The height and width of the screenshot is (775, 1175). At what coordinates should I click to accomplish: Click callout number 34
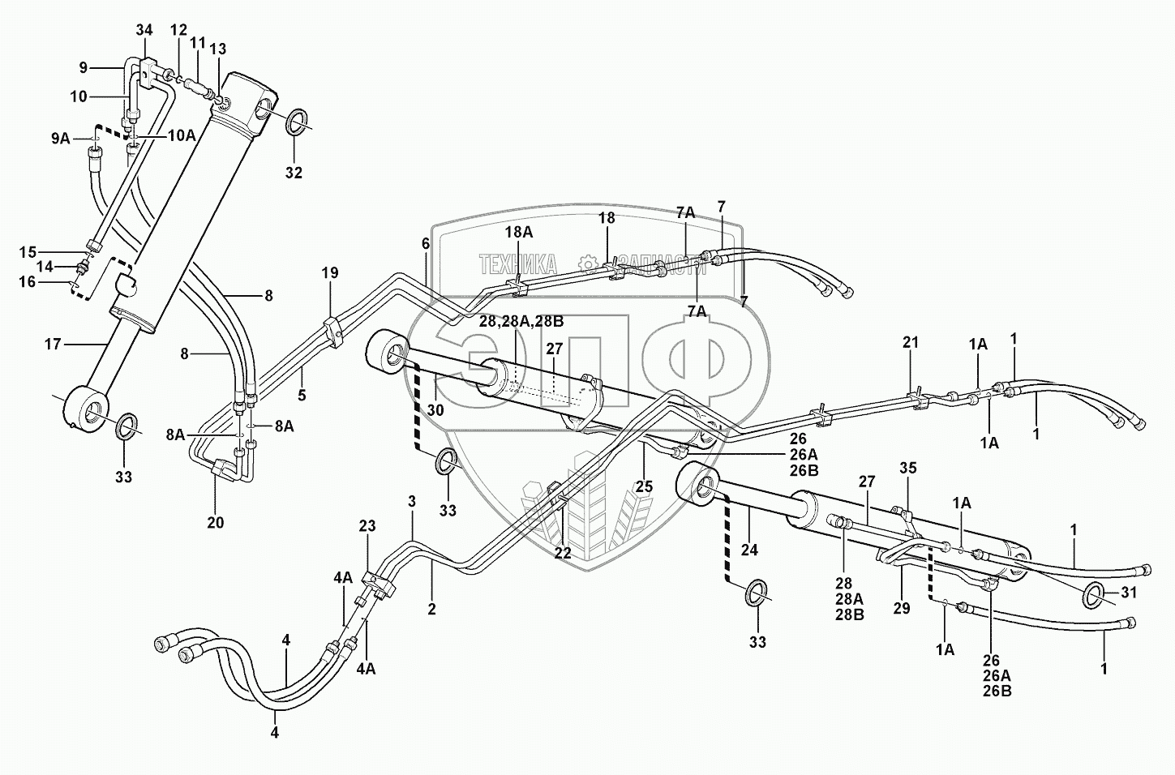pyautogui.click(x=144, y=31)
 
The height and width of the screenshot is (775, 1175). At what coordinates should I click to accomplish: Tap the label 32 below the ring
pyautogui.click(x=294, y=173)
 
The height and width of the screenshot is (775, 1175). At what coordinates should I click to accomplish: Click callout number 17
pyautogui.click(x=53, y=345)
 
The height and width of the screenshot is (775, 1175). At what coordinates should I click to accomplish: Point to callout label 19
pyautogui.click(x=329, y=272)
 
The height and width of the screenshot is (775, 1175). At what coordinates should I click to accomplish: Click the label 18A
pyautogui.click(x=519, y=233)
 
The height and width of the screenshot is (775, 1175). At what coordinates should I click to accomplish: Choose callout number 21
pyautogui.click(x=911, y=343)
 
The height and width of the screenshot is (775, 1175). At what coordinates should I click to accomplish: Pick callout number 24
pyautogui.click(x=749, y=550)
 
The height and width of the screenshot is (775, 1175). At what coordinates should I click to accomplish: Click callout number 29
pyautogui.click(x=901, y=607)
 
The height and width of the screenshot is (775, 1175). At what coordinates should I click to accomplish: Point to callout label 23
pyautogui.click(x=367, y=526)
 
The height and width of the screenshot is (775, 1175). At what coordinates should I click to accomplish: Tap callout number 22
pyautogui.click(x=563, y=553)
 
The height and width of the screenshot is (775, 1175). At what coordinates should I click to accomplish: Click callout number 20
pyautogui.click(x=215, y=522)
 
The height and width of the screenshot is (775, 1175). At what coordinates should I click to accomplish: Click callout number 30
pyautogui.click(x=435, y=410)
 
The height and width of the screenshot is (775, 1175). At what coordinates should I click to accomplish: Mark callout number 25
pyautogui.click(x=644, y=487)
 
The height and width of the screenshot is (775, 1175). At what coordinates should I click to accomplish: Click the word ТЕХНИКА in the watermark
pyautogui.click(x=517, y=263)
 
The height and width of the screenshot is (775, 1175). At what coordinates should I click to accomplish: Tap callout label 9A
pyautogui.click(x=60, y=138)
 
